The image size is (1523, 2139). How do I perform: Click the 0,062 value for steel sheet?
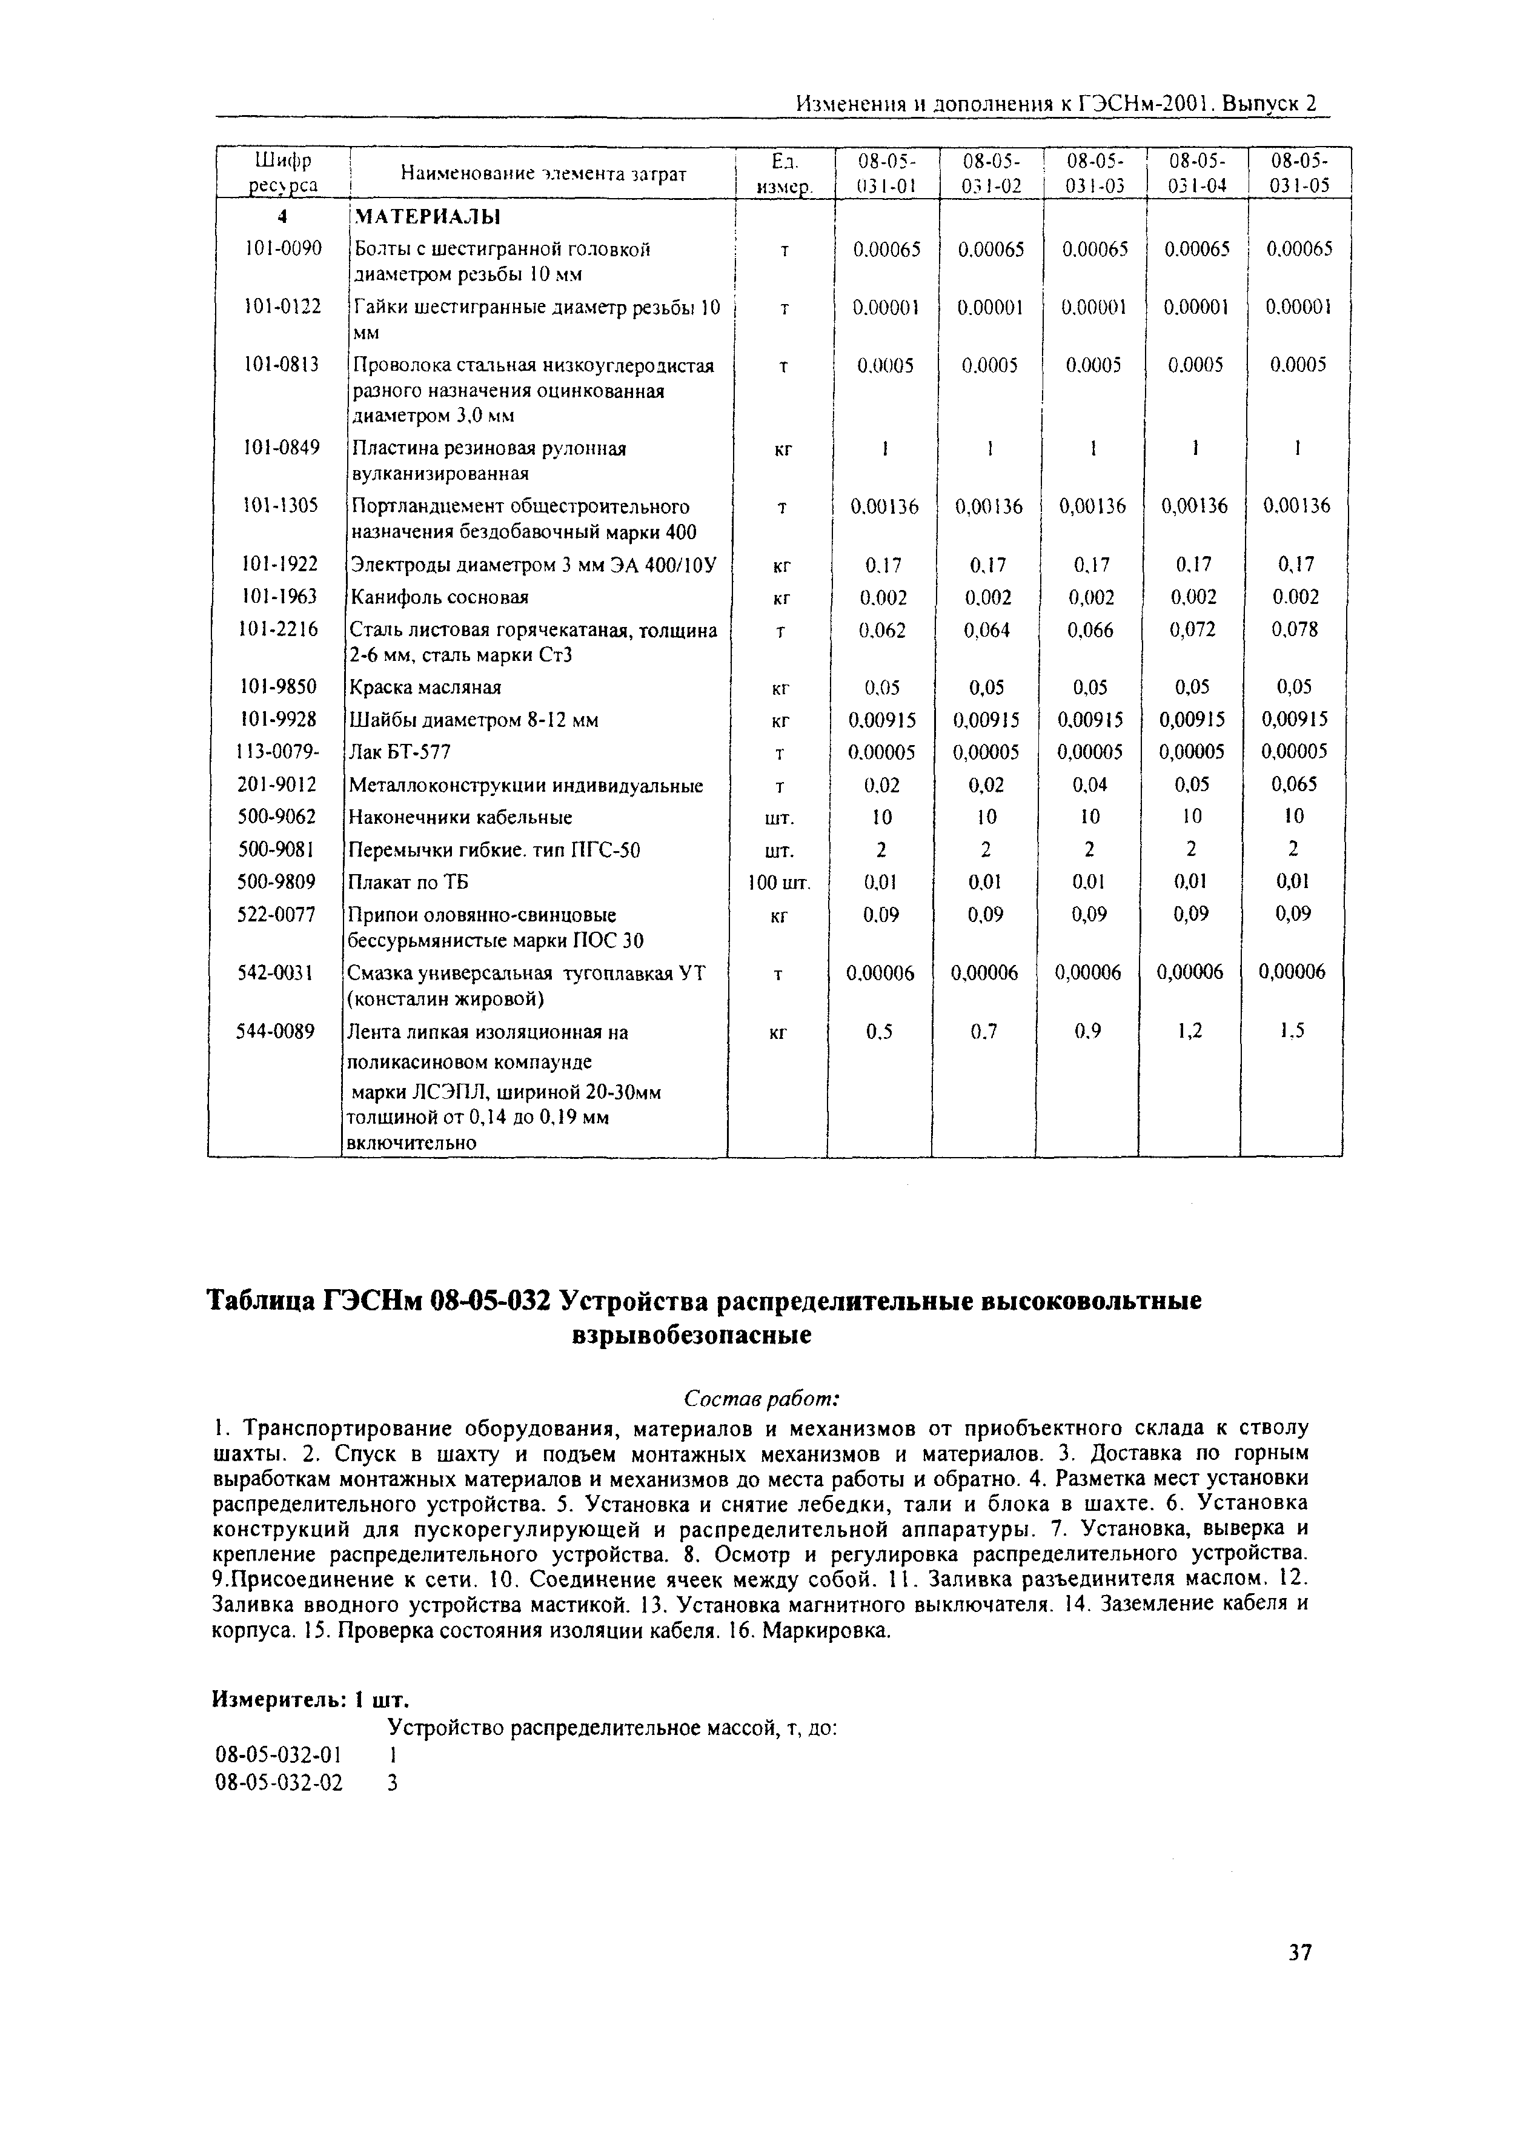click(883, 630)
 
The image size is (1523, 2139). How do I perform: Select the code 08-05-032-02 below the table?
click(279, 1783)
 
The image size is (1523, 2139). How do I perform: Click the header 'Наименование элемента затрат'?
click(543, 173)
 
